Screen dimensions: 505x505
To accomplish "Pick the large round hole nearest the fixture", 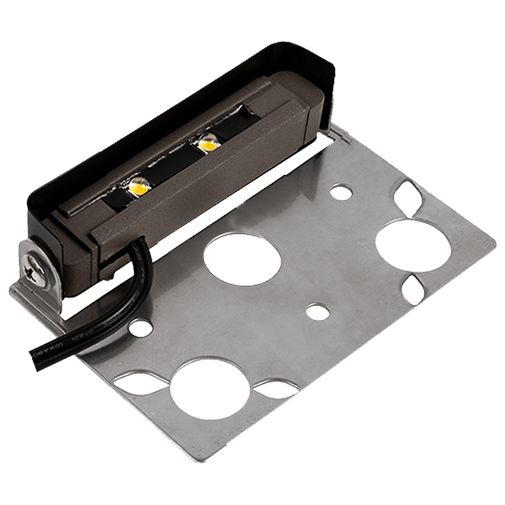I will (242, 257).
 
